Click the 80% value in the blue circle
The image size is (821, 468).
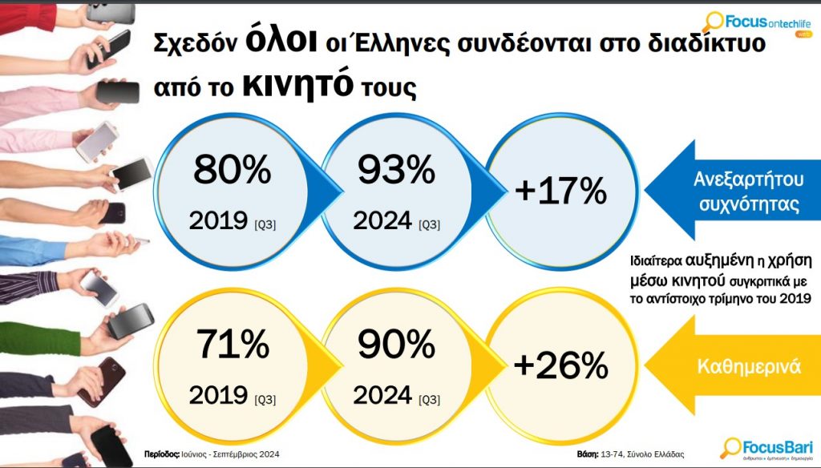click(231, 171)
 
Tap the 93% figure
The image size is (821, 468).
click(396, 171)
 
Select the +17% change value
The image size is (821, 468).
click(560, 191)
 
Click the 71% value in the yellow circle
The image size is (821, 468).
click(231, 345)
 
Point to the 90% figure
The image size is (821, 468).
click(396, 345)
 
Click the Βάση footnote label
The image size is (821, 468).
click(589, 454)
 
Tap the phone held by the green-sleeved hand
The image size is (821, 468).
click(129, 321)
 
